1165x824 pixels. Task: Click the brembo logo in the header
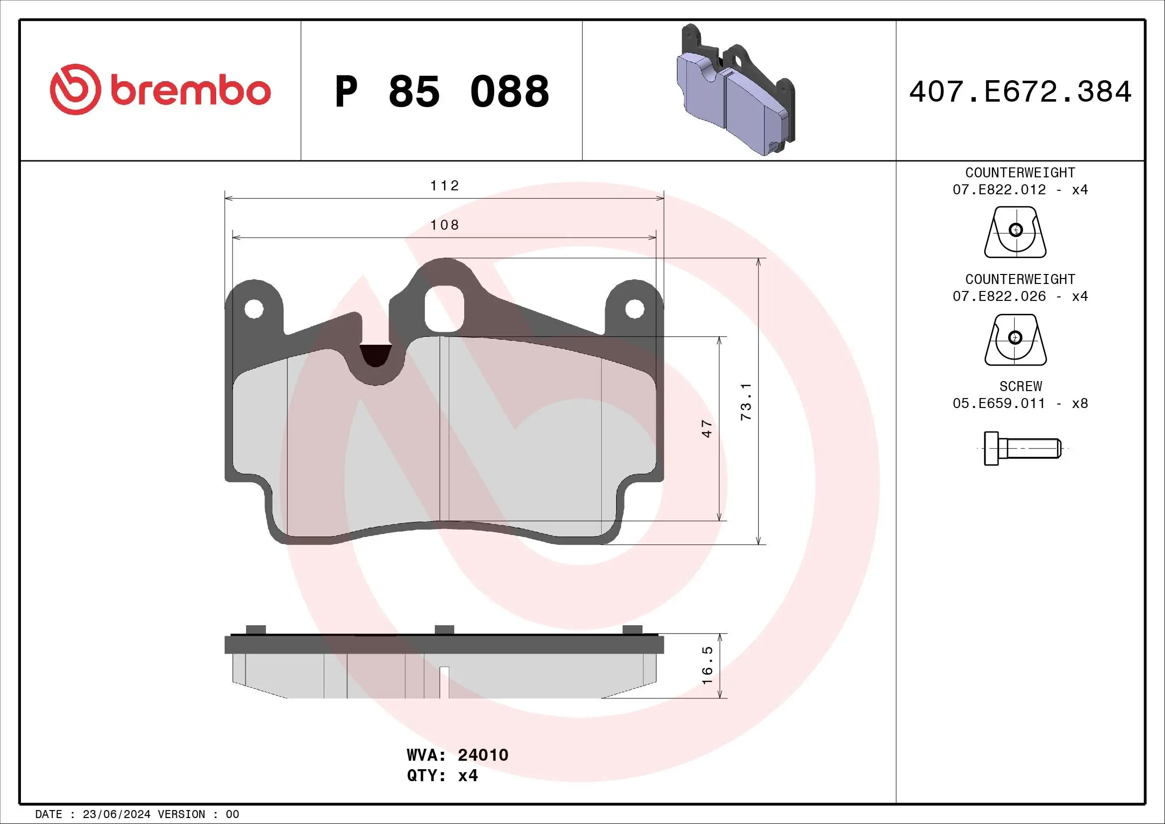(x=160, y=90)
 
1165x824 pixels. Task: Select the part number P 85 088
(x=441, y=92)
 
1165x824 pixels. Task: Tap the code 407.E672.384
(x=1020, y=92)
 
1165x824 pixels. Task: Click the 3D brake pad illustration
(x=736, y=90)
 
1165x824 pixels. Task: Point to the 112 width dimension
(x=444, y=186)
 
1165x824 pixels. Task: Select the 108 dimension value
(x=444, y=225)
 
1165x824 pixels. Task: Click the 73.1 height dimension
(x=746, y=402)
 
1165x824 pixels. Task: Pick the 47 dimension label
(x=707, y=429)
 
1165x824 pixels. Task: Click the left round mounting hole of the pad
(x=254, y=308)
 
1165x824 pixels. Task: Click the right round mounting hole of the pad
(x=634, y=308)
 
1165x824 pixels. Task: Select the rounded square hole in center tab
(x=444, y=308)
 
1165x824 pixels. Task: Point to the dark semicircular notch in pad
(x=376, y=356)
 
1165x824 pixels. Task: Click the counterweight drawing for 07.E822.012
(x=1015, y=232)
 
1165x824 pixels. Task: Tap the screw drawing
(x=1022, y=448)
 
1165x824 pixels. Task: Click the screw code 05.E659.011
(x=999, y=404)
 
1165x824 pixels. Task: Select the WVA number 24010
(x=483, y=755)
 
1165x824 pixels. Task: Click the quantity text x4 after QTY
(x=467, y=776)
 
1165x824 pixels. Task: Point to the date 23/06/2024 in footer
(x=116, y=815)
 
